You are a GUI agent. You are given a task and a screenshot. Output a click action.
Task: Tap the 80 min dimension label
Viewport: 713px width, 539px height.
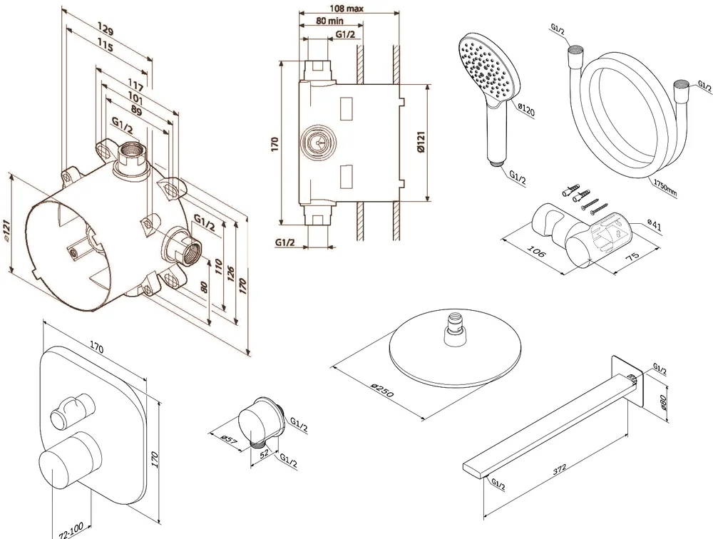pos(322,21)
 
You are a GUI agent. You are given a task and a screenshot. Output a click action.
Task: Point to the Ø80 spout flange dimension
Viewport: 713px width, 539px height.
pos(662,404)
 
